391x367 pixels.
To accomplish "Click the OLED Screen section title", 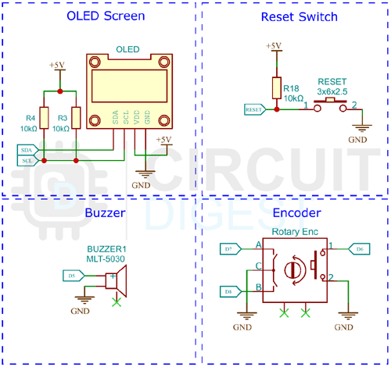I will click(99, 16).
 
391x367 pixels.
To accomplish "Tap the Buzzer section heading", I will click(105, 212).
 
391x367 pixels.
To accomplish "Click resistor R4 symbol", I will click(44, 119).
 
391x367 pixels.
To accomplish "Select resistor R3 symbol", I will click(74, 119).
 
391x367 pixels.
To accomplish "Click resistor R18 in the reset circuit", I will click(274, 88).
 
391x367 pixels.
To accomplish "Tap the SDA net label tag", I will click(27, 149).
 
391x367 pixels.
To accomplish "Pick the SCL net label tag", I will click(27, 159).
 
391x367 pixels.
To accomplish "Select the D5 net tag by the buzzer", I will click(71, 275).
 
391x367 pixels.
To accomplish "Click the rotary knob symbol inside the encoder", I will click(293, 269).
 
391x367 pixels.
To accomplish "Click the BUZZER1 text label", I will click(106, 248).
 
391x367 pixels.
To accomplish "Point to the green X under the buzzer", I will click(117, 300).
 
